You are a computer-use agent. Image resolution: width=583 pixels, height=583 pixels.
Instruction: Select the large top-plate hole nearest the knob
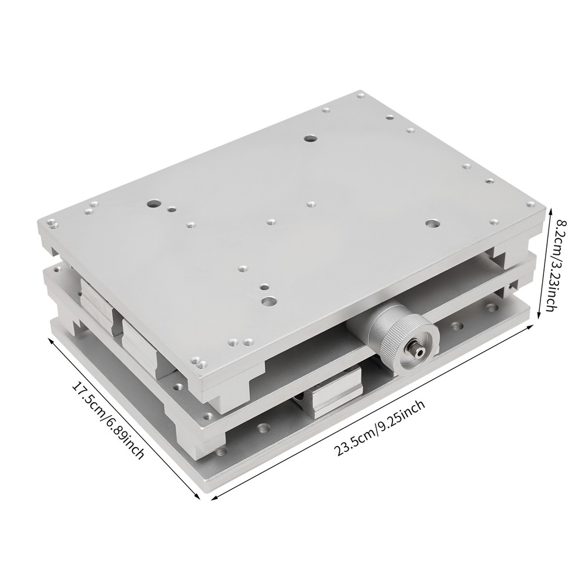point(269,301)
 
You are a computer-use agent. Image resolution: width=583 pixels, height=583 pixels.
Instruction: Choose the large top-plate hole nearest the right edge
point(431,224)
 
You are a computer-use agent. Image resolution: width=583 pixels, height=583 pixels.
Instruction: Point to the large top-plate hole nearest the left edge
point(153,205)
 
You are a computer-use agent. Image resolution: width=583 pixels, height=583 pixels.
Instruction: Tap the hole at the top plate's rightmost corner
point(531,204)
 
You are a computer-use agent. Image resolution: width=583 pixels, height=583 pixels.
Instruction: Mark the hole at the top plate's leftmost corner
point(52,222)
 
